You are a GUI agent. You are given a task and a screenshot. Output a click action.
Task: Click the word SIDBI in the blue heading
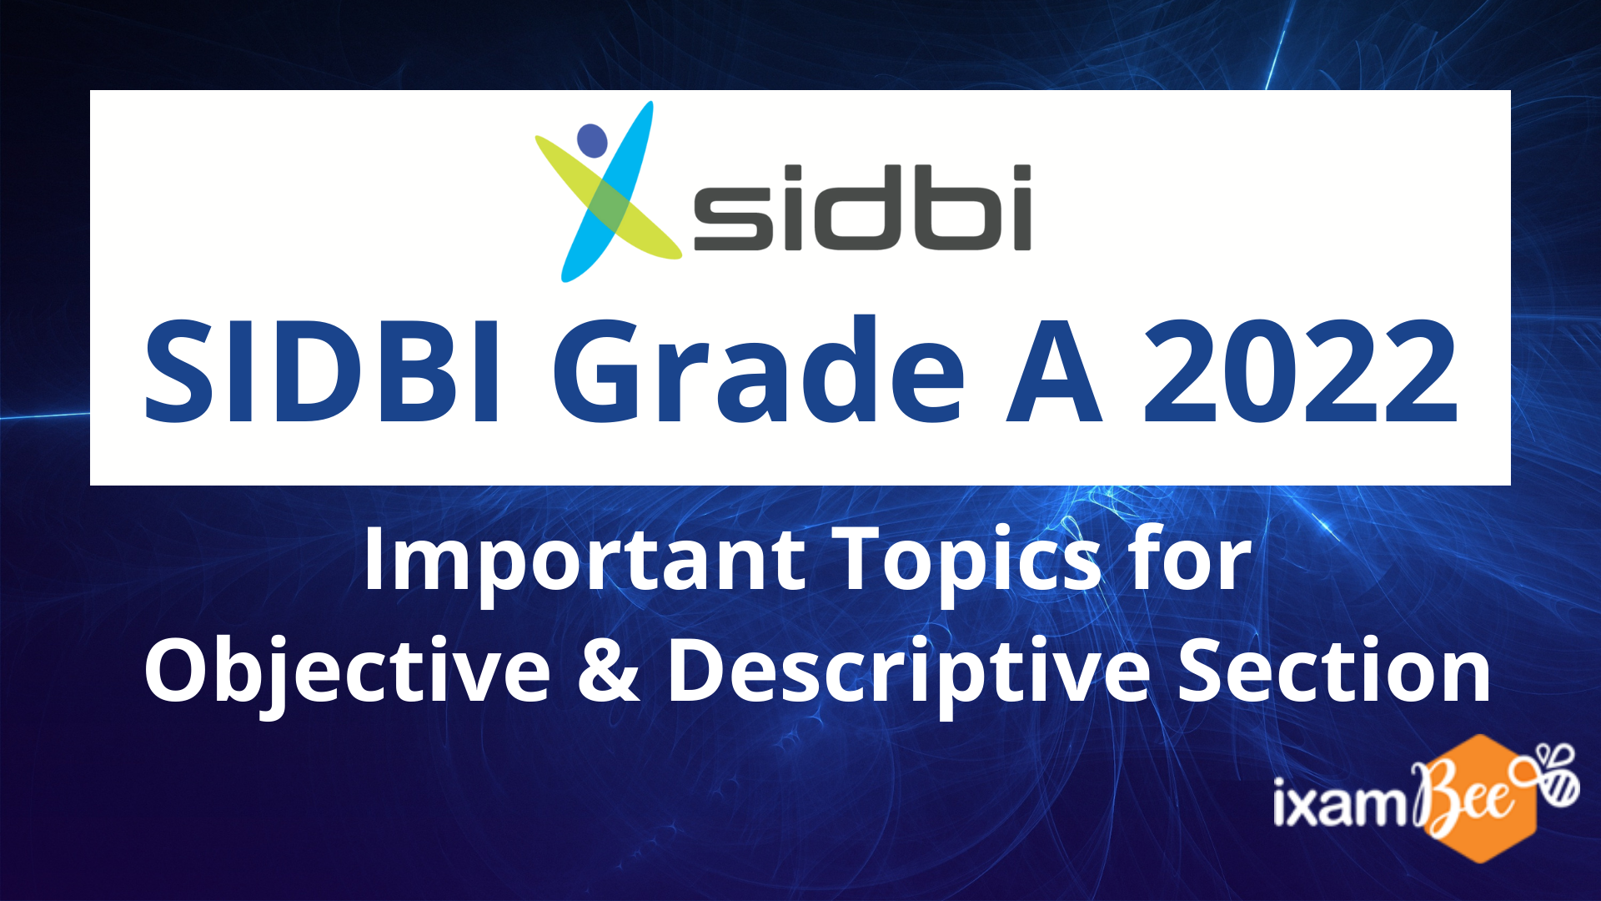(324, 372)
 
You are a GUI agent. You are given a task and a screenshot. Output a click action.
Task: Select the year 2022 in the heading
(1301, 372)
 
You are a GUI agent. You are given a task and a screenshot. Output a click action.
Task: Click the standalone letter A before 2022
(1055, 372)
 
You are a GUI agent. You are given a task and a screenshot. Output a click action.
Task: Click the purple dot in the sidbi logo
(592, 141)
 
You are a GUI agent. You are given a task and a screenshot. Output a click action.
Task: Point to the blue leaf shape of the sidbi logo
(607, 192)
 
